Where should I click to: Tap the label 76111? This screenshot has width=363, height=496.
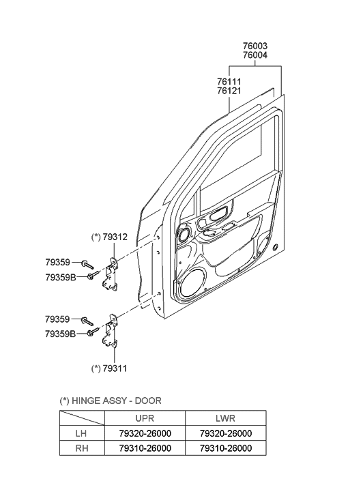[229, 82]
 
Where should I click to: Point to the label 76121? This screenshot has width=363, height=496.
[229, 91]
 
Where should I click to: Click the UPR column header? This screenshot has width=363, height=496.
[144, 418]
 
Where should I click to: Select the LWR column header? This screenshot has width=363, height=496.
[225, 418]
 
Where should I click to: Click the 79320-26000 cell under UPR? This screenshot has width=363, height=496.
[144, 433]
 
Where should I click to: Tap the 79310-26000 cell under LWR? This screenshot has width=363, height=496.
[225, 448]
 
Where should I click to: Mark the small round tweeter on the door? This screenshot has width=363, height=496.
[184, 235]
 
